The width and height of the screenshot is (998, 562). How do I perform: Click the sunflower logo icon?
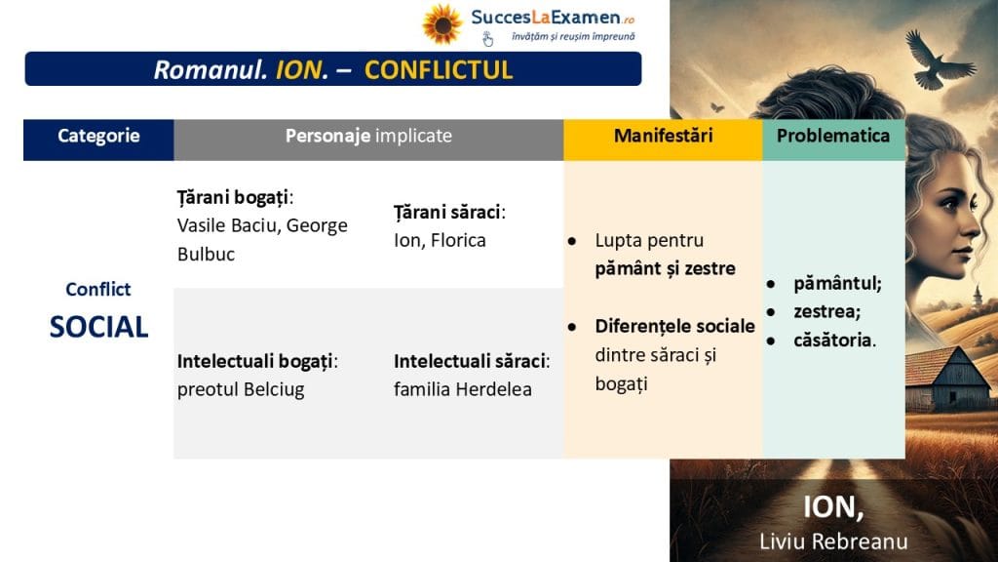441,24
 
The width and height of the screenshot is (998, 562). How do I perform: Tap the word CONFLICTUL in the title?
439,70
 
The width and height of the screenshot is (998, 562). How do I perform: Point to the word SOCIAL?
98,327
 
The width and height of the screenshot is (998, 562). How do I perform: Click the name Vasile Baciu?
226,225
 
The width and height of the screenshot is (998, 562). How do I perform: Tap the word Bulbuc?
207,255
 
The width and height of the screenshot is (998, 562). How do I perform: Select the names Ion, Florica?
440,240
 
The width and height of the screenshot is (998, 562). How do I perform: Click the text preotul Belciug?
241,389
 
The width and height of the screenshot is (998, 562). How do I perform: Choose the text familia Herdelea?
463,389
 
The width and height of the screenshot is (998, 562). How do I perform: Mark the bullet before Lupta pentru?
572,242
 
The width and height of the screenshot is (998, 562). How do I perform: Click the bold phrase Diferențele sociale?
674,326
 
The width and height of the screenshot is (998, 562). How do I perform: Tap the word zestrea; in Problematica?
826,311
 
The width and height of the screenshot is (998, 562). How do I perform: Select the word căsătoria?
834,341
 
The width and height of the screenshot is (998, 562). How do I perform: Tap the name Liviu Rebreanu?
833,542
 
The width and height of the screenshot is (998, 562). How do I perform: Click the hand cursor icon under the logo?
487,39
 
